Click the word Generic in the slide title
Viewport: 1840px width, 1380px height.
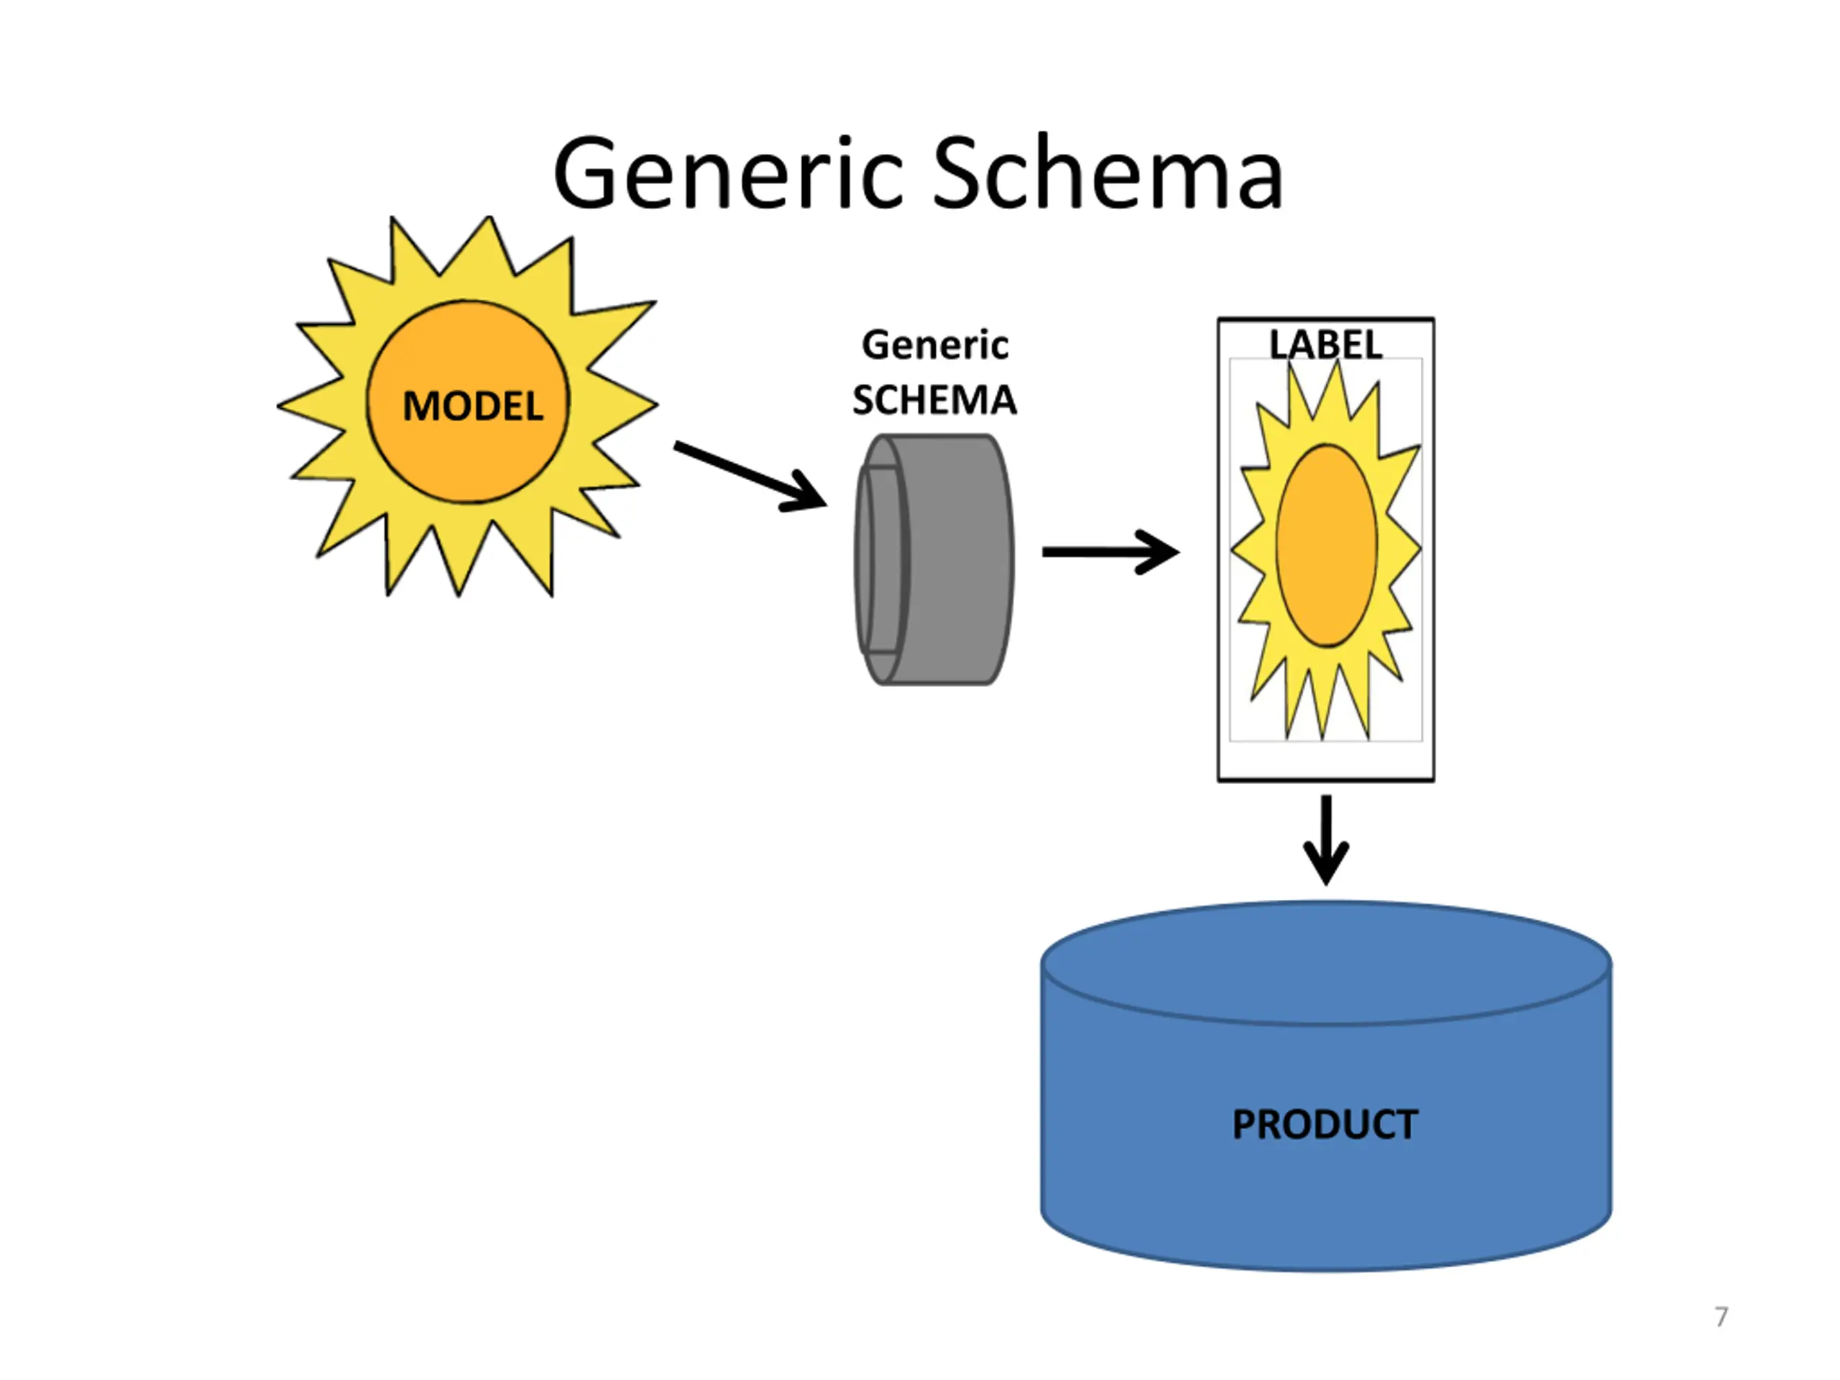[x=729, y=173]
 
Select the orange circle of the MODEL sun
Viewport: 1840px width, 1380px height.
[x=469, y=402]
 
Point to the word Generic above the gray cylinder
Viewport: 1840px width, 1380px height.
[x=935, y=345]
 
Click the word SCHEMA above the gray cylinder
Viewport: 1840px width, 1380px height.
[x=934, y=400]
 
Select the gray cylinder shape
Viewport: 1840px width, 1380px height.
[x=934, y=559]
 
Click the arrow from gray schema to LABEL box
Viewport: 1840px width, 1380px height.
[x=1110, y=551]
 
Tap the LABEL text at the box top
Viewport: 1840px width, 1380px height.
[x=1326, y=344]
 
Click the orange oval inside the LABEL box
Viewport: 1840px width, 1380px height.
[x=1327, y=545]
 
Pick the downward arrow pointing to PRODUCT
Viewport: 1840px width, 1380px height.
[x=1326, y=840]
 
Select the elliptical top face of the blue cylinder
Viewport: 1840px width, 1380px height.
[x=1326, y=963]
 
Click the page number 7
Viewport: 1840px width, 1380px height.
[x=1721, y=1317]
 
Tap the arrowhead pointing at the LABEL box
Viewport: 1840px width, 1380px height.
[x=1159, y=551]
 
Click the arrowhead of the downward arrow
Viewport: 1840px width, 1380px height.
[x=1326, y=865]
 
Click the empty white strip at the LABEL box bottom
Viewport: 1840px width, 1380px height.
[x=1326, y=760]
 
